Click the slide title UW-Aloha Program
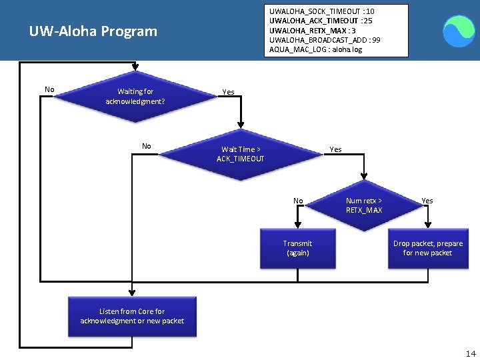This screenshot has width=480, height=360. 93,31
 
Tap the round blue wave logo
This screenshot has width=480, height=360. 459,31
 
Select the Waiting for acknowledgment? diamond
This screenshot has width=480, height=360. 135,97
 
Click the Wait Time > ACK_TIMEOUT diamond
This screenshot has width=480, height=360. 241,154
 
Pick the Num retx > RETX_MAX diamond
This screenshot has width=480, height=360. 364,205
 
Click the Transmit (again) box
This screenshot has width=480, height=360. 297,248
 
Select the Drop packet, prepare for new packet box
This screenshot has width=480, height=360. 427,248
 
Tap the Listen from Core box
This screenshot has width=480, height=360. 132,316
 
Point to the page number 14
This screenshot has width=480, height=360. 471,353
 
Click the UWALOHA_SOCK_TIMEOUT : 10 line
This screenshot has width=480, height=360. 321,11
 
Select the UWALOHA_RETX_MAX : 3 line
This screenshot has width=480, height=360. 313,31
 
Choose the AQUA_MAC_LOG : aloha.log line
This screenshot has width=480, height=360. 315,49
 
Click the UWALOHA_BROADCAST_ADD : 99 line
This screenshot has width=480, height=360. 325,40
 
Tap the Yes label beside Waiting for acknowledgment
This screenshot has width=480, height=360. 228,92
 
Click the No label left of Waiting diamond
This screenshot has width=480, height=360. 49,89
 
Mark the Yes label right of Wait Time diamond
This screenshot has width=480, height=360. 336,149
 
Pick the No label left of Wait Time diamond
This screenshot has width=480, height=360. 147,146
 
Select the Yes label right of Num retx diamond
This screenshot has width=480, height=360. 427,201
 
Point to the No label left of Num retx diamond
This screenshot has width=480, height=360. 298,201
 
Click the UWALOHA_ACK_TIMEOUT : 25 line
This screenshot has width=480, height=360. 321,21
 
